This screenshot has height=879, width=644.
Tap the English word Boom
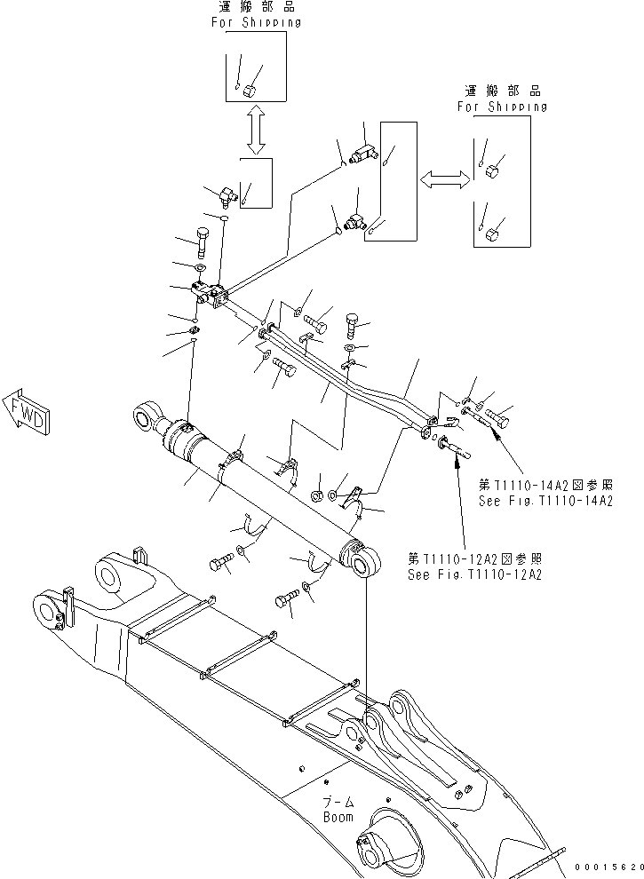338,817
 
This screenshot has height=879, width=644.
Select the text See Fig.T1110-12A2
475,574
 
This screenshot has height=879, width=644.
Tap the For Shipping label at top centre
255,22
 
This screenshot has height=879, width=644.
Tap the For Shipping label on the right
502,106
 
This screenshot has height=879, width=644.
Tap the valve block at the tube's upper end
211,293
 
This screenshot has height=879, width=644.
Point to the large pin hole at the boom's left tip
46,612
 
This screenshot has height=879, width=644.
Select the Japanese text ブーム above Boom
338,802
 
